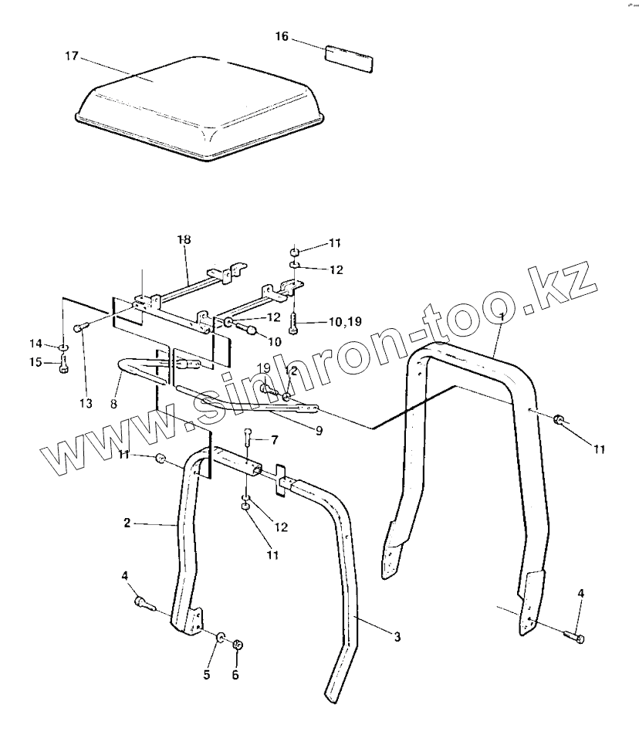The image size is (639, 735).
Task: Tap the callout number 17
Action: coord(72,56)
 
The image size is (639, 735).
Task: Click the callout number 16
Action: coord(282,36)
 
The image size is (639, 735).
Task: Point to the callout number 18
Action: coord(184,240)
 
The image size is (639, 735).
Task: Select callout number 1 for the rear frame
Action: coord(502,317)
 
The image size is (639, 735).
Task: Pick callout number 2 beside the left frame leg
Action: coord(127,523)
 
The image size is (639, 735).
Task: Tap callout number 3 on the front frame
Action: coord(397,637)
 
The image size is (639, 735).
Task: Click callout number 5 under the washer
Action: coord(207,676)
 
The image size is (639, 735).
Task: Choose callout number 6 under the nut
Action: coord(235,676)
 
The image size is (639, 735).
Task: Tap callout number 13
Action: coord(84,404)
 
